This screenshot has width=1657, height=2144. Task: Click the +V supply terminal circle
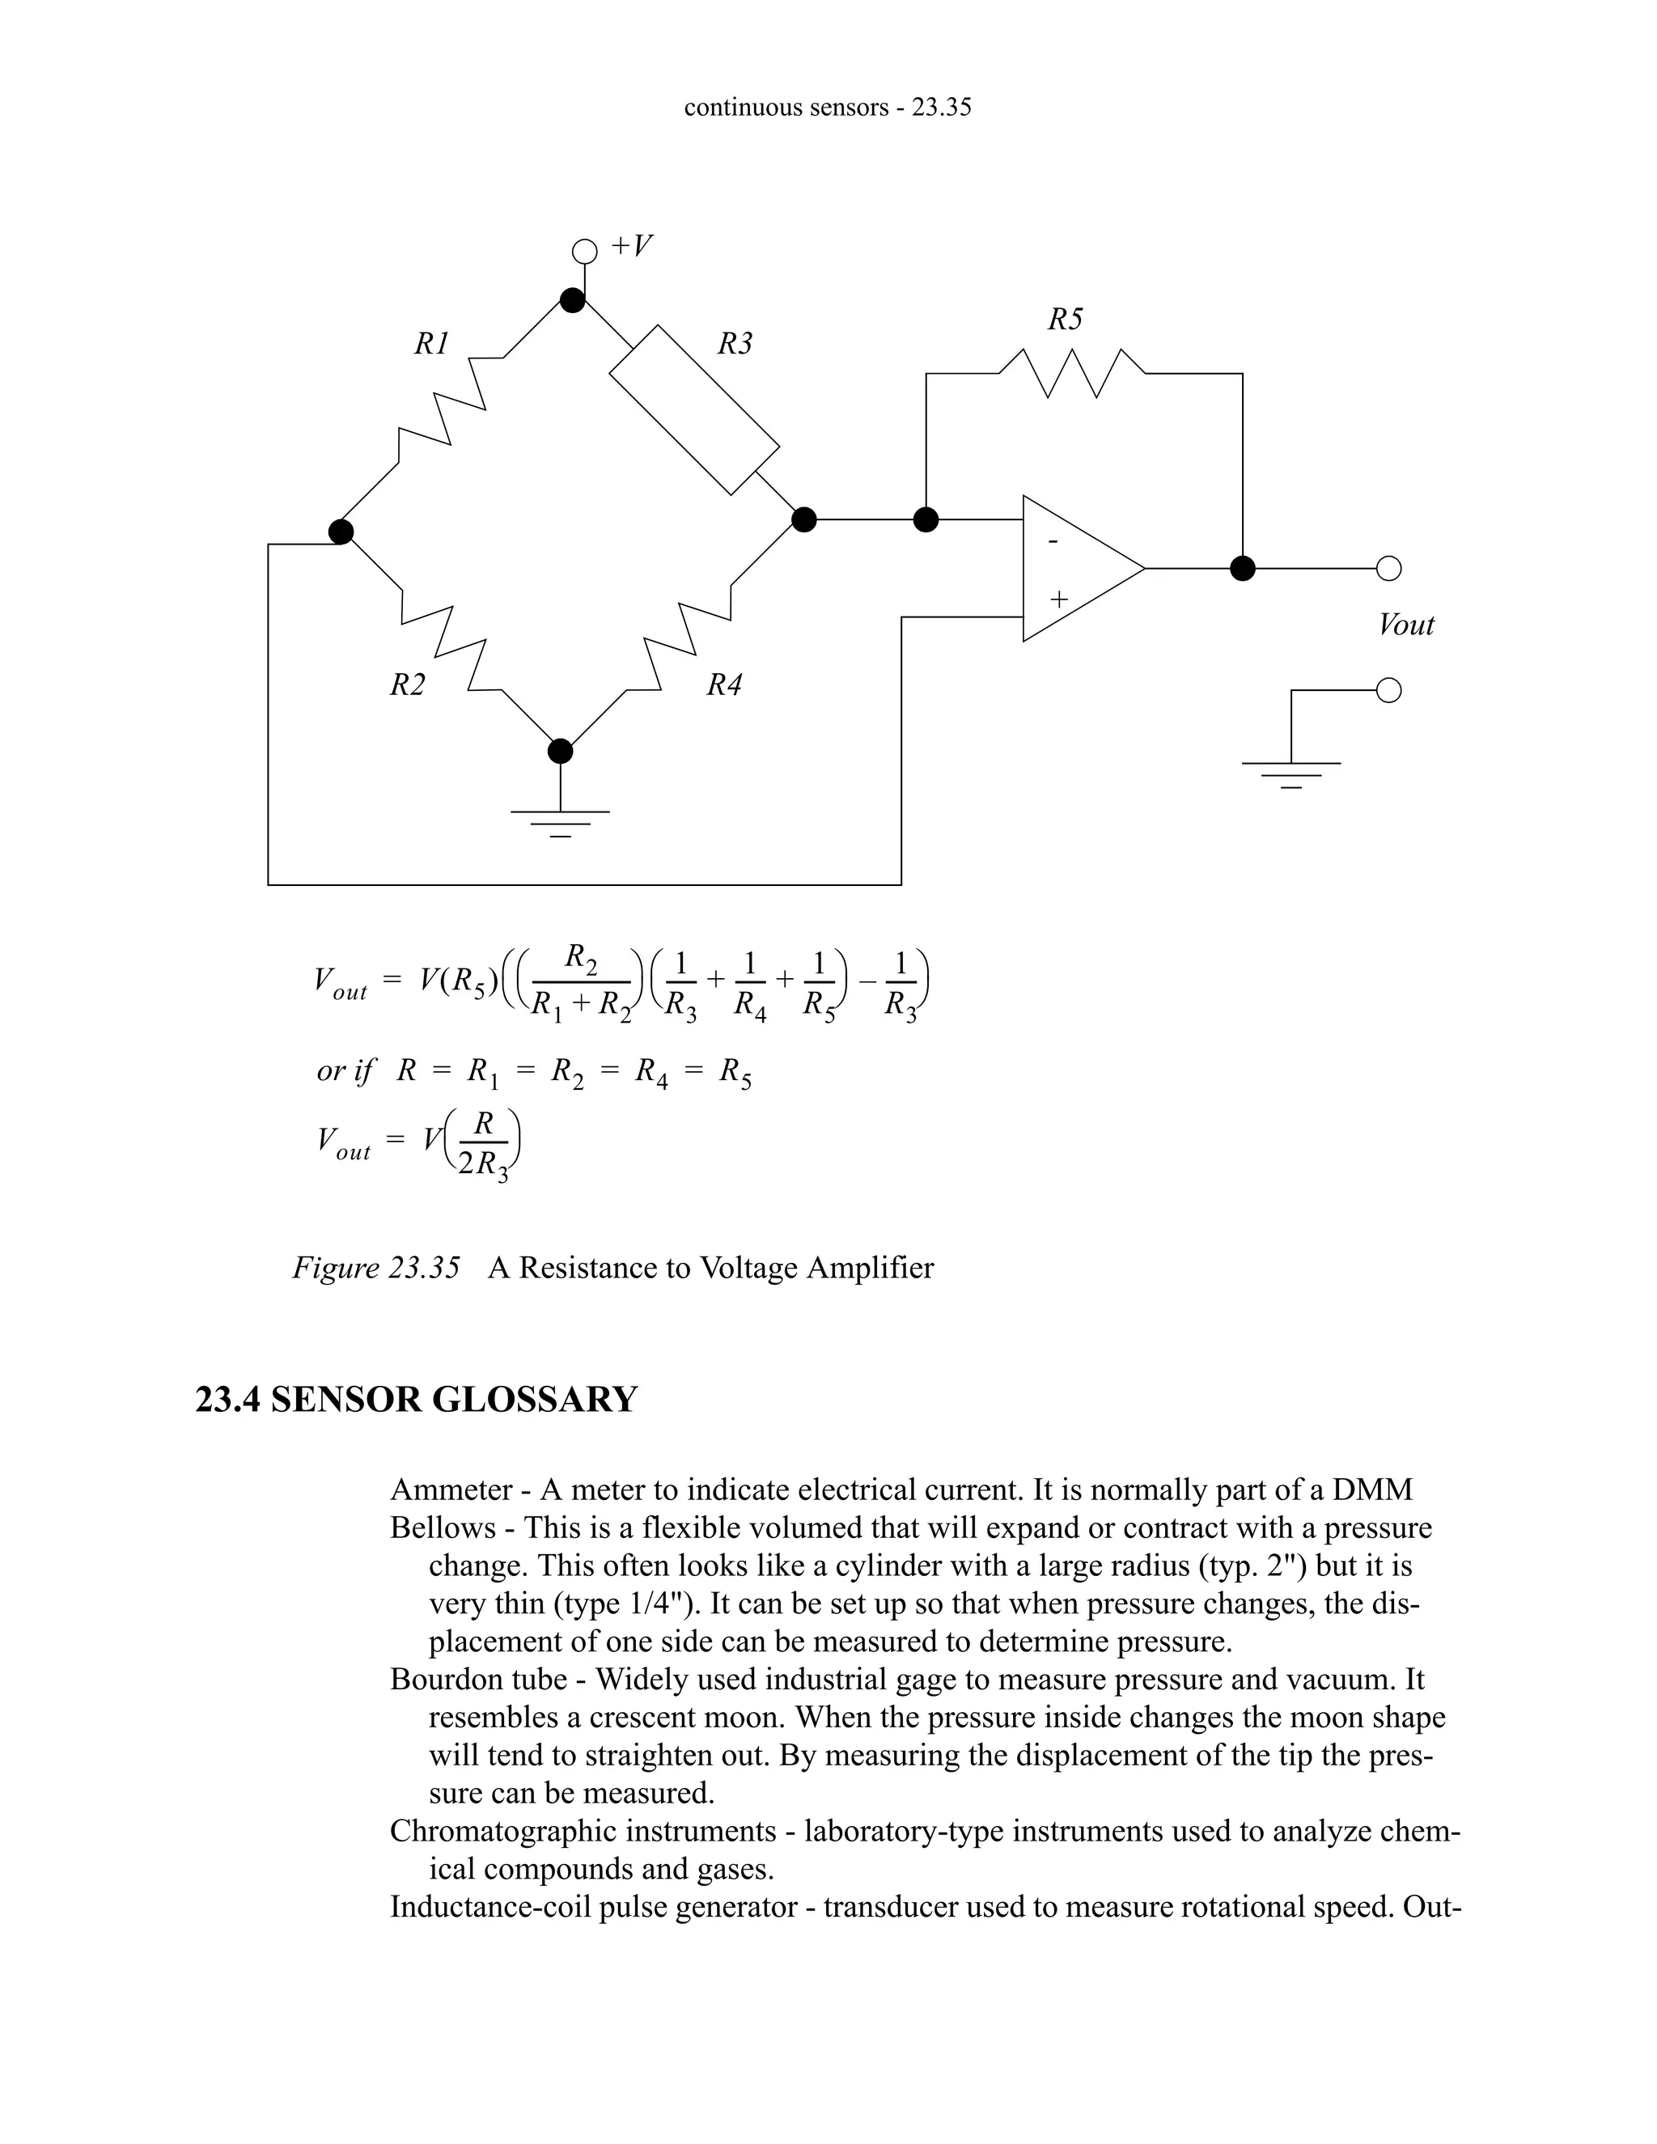[x=584, y=252]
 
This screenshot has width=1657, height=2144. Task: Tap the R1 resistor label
[x=431, y=344]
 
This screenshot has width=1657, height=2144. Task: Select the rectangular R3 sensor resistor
[x=694, y=410]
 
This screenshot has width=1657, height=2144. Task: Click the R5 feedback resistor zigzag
[x=1072, y=373]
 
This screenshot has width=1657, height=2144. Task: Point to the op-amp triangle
[x=1078, y=569]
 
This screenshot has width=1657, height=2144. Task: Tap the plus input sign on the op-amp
[x=1058, y=598]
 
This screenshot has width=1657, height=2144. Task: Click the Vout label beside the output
[x=1405, y=625]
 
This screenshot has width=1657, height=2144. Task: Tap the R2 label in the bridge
[x=408, y=685]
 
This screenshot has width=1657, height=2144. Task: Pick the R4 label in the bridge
[x=724, y=685]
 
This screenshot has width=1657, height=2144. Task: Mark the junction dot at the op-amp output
[x=1243, y=569]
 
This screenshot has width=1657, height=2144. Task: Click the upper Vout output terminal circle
[x=1388, y=569]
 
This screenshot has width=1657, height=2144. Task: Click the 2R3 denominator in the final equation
[x=483, y=1164]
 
